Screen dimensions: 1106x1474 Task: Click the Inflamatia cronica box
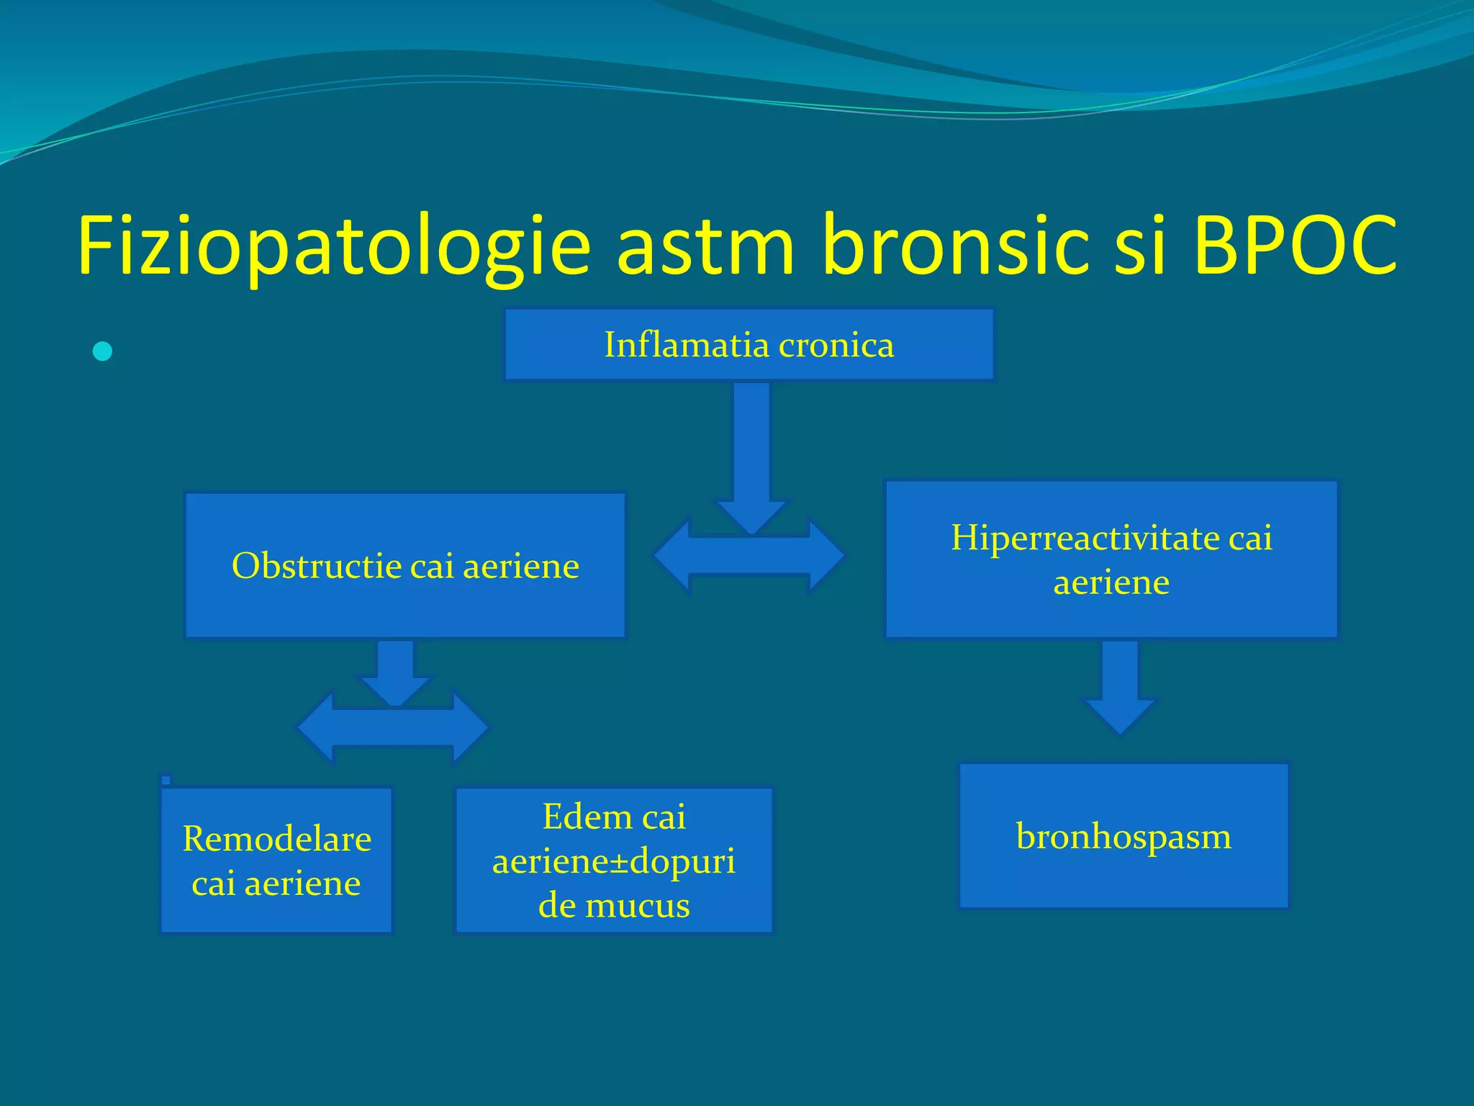[749, 344]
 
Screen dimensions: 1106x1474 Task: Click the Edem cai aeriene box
[614, 860]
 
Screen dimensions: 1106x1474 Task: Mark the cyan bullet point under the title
[103, 351]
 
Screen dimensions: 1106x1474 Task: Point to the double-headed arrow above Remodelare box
[393, 728]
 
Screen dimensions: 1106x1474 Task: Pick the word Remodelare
[276, 839]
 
